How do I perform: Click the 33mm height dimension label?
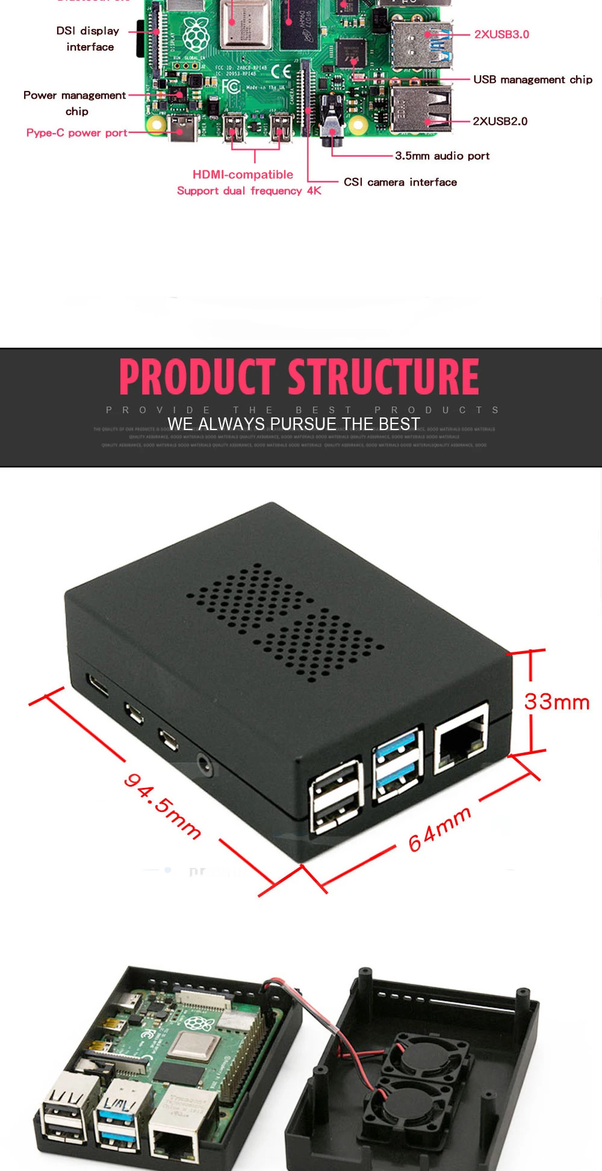(556, 702)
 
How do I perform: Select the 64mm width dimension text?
(439, 829)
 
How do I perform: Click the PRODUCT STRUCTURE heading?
(299, 376)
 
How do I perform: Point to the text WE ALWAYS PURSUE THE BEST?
(293, 424)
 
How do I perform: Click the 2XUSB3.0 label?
(501, 34)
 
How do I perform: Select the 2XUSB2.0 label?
(500, 121)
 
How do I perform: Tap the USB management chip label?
(532, 80)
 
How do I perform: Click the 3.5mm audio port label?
(442, 156)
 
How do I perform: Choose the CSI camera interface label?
(400, 182)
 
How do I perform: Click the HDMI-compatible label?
(243, 175)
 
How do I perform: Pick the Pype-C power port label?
(76, 133)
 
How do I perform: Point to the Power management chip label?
(75, 102)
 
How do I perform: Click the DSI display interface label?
(88, 39)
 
